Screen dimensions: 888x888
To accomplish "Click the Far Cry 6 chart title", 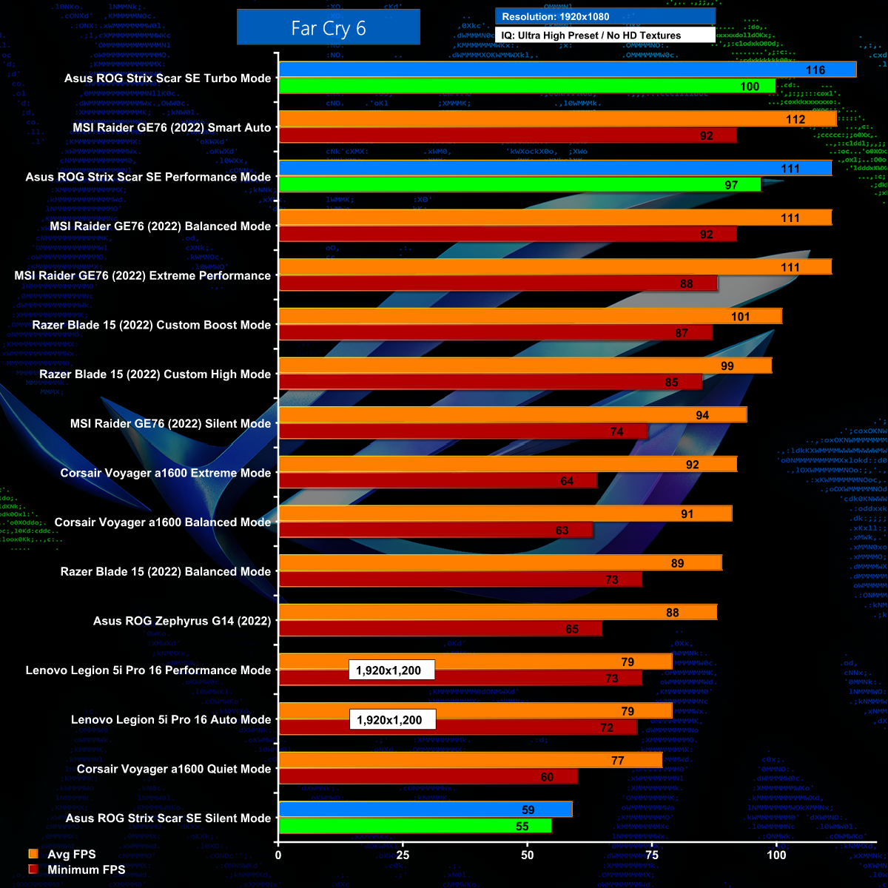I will click(328, 28).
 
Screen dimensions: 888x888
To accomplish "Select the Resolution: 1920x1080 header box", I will click(605, 16).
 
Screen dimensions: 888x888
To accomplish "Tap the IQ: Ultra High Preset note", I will click(605, 35).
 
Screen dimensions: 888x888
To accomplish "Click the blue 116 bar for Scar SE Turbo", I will click(567, 70).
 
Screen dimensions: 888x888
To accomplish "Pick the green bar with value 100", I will click(527, 86).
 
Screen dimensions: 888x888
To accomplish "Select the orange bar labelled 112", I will click(557, 119).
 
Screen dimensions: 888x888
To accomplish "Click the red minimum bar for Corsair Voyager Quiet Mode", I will click(428, 777).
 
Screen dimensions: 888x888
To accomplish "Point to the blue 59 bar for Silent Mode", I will click(425, 810).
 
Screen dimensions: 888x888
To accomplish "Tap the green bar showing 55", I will click(414, 827).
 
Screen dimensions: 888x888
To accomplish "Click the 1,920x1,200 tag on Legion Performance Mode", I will click(391, 670).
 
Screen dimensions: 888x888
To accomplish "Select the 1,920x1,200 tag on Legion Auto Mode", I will click(391, 719).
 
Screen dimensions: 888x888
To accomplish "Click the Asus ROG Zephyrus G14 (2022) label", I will click(182, 621).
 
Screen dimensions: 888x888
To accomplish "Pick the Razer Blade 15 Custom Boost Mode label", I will click(152, 325).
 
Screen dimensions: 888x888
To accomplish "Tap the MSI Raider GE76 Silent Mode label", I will click(170, 423).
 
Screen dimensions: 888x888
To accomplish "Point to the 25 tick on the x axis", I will click(403, 855).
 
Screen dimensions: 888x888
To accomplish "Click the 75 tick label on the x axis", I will click(652, 855).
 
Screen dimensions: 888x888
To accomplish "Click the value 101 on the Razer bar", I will click(740, 317).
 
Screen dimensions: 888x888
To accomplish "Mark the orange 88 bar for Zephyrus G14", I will click(497, 613).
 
